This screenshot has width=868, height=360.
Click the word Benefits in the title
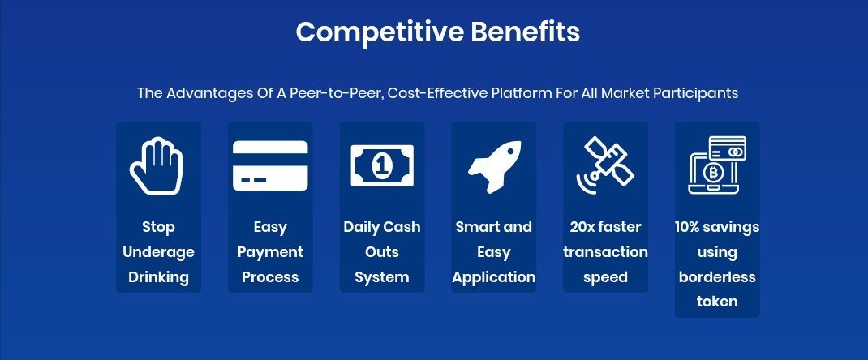526,32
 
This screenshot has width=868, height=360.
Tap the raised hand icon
156,166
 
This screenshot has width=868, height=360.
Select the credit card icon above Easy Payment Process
270,165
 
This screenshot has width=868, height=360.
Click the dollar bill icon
382,165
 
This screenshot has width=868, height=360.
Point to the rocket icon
494,166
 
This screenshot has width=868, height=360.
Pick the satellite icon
605,166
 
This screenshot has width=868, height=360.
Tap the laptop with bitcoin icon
717,165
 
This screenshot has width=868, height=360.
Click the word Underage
158,253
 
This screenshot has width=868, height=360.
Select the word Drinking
158,277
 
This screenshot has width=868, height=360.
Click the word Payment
270,253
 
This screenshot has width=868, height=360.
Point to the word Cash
402,227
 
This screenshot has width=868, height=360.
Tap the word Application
494,277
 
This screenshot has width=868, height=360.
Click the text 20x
582,227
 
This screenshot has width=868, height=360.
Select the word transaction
606,252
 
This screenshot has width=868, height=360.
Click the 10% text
689,227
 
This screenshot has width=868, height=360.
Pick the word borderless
717,276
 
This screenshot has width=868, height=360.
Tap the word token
717,302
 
